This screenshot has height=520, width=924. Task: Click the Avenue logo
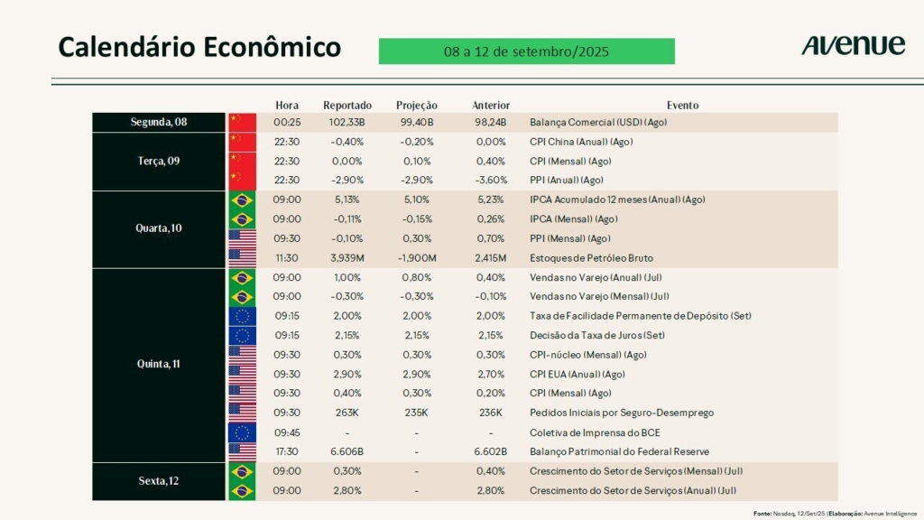click(x=853, y=45)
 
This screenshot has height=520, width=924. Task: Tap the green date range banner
click(x=526, y=51)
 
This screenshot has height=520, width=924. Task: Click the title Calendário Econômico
click(x=199, y=47)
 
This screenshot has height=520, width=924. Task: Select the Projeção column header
click(x=417, y=105)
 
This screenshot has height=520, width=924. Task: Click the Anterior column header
click(x=491, y=105)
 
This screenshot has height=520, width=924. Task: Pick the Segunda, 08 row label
click(x=158, y=122)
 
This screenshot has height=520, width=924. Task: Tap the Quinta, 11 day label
click(x=158, y=365)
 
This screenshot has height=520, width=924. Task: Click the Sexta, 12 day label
click(x=158, y=481)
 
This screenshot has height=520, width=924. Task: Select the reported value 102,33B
click(x=346, y=122)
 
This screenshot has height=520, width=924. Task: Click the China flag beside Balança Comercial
click(x=242, y=122)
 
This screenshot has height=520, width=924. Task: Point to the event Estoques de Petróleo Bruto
click(x=591, y=258)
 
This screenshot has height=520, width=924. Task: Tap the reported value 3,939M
click(x=346, y=258)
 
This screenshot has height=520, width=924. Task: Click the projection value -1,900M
click(x=417, y=258)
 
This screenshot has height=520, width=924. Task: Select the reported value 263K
click(x=346, y=413)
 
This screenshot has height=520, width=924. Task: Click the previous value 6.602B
click(x=491, y=451)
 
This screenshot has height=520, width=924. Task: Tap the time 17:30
click(x=287, y=451)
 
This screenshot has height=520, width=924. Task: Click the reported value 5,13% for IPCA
click(x=346, y=200)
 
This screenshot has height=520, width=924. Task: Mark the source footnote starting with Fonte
click(x=835, y=514)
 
